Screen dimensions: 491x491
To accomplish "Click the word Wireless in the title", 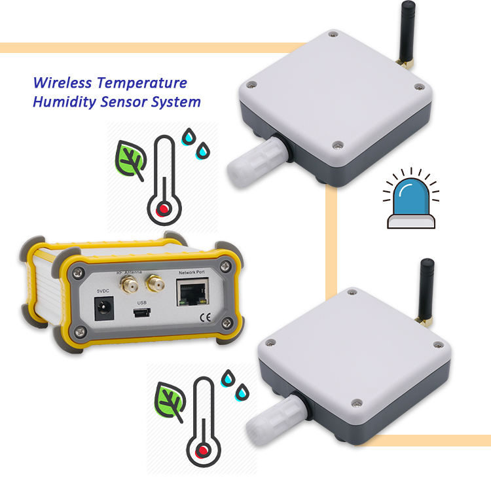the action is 62,83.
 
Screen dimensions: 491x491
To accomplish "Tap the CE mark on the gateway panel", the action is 204,320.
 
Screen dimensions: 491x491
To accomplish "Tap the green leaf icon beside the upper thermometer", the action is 130,160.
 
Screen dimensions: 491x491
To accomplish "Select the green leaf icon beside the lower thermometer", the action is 168,400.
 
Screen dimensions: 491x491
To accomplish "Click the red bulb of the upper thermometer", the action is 161,209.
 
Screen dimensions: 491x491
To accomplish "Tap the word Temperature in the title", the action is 141,83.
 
